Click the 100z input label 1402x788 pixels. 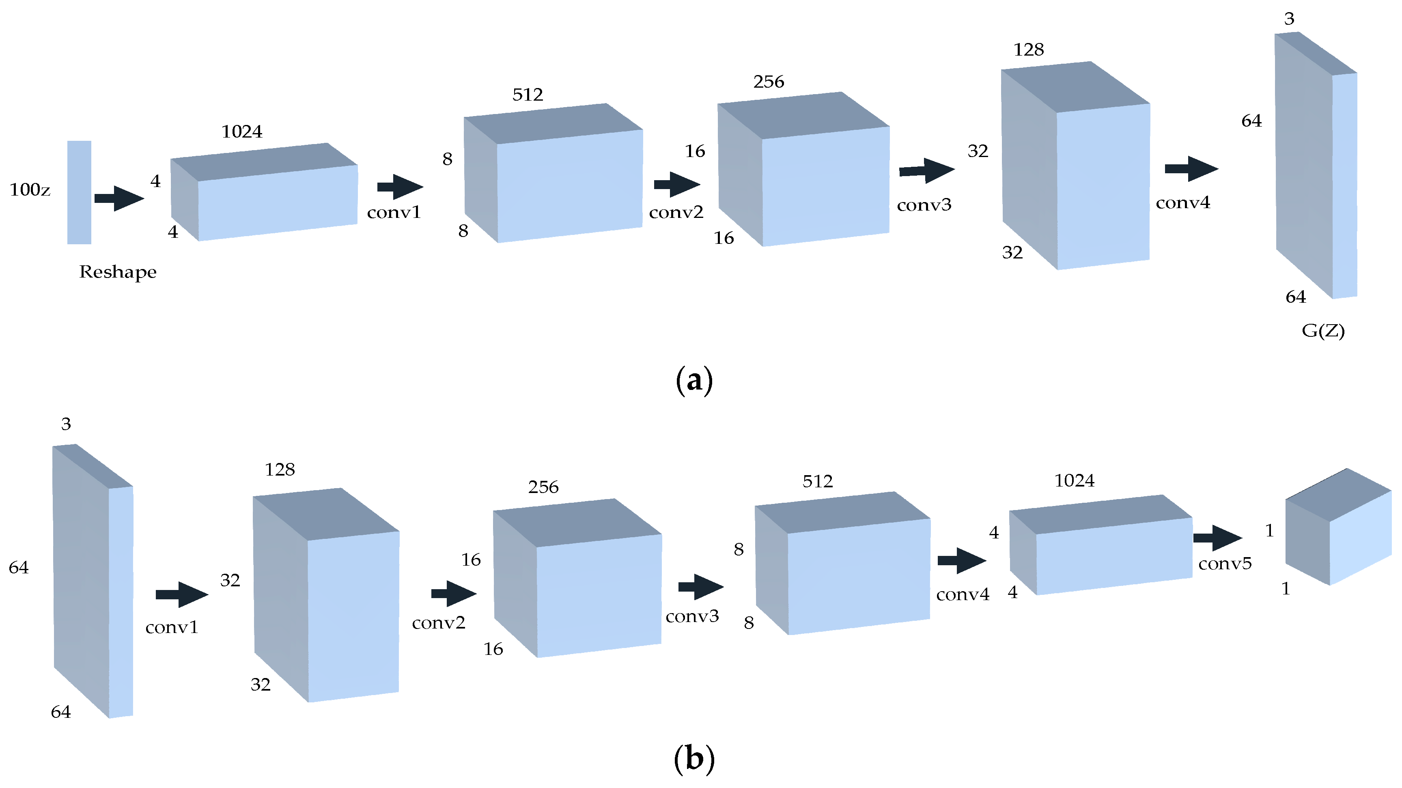coord(30,189)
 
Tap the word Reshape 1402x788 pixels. coord(118,271)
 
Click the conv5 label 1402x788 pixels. coord(1225,563)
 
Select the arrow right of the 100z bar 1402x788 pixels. coord(118,198)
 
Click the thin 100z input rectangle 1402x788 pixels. coord(79,192)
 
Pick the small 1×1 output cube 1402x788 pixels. coord(1338,527)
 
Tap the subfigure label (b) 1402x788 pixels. coord(694,758)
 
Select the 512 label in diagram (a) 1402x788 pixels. coord(528,95)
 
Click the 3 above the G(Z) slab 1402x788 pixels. coord(1289,19)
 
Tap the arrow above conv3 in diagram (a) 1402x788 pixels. coord(926,170)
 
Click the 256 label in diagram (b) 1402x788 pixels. coord(543,487)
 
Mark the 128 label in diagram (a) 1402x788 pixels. coord(1028,50)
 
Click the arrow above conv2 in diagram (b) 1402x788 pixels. coord(453,593)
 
